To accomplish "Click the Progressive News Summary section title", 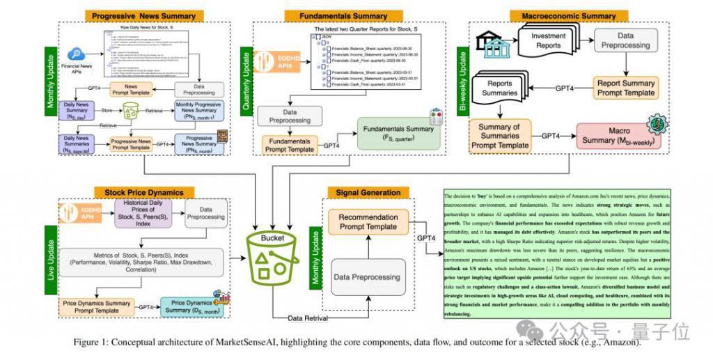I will [143, 15].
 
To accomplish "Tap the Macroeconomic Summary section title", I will [564, 15].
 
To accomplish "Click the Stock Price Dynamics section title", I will [144, 191].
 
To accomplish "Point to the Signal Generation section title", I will [368, 191].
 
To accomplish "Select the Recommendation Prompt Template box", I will [368, 222].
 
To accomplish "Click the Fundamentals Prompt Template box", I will [289, 145].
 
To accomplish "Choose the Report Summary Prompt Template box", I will [626, 88].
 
